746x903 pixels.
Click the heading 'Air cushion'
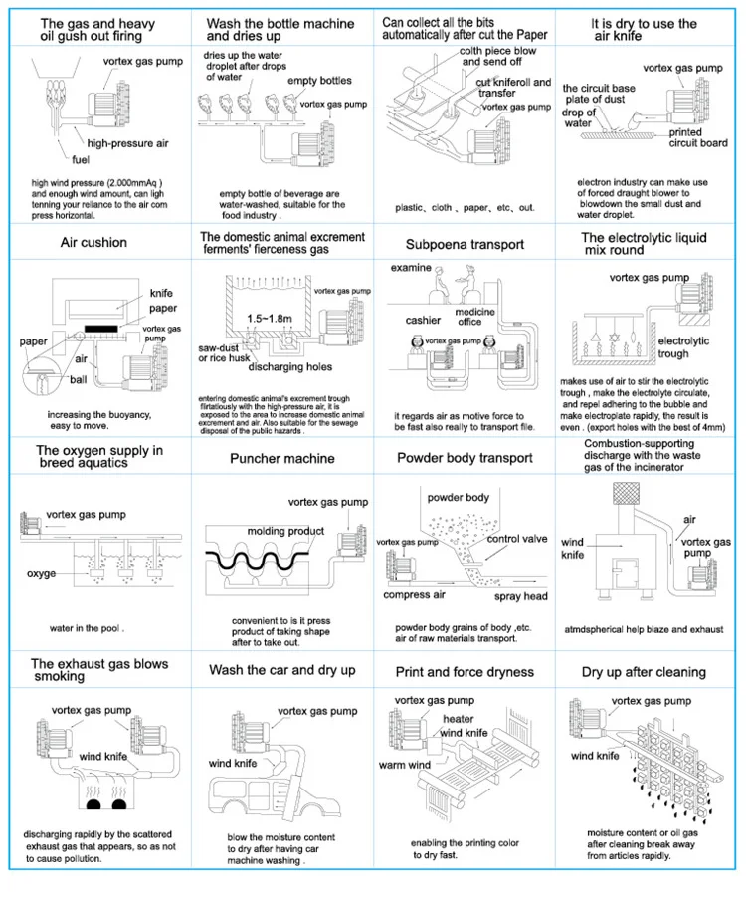93,243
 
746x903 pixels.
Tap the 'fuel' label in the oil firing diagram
81,160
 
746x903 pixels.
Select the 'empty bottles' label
319,81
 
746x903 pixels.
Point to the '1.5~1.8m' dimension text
270,319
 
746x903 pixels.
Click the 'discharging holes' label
289,366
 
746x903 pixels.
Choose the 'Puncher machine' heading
281,458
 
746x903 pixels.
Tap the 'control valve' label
517,539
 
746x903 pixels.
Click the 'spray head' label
520,596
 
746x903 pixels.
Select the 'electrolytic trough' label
683,347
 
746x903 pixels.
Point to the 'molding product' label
285,531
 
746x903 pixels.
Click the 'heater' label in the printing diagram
459,719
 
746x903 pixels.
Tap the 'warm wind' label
405,765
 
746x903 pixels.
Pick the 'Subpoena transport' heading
465,244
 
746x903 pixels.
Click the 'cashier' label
423,321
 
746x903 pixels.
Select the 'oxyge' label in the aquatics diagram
41,574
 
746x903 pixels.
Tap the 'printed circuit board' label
697,137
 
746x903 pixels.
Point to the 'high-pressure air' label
127,143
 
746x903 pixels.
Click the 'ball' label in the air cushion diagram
79,380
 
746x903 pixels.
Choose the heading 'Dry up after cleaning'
644,672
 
